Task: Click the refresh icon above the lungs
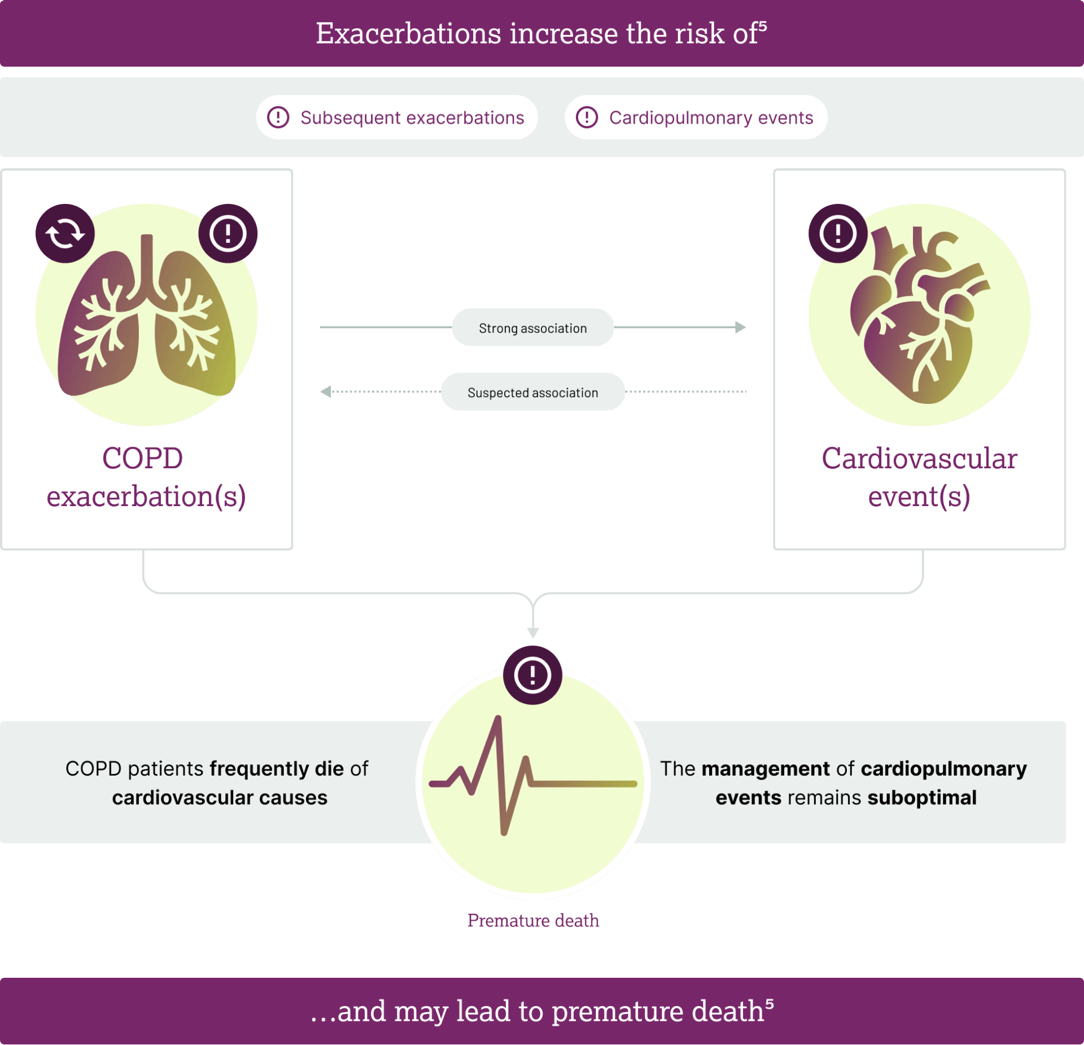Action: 65,233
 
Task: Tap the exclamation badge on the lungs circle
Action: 228,233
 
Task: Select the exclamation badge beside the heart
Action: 838,233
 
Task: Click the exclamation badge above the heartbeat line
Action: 532,675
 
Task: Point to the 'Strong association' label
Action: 533,328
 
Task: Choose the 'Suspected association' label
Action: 533,392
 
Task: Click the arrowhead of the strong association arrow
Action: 741,327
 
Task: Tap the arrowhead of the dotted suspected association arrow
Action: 326,391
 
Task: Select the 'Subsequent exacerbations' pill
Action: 397,117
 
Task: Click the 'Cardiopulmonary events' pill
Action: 696,117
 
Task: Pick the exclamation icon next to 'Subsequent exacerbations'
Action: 278,117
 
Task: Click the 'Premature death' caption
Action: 533,920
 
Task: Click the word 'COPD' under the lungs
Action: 143,458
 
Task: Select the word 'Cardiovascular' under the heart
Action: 919,458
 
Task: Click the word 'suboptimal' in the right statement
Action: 922,798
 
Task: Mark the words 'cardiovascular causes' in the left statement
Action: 220,798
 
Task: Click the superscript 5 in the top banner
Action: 763,25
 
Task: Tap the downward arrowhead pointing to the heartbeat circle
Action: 533,633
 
